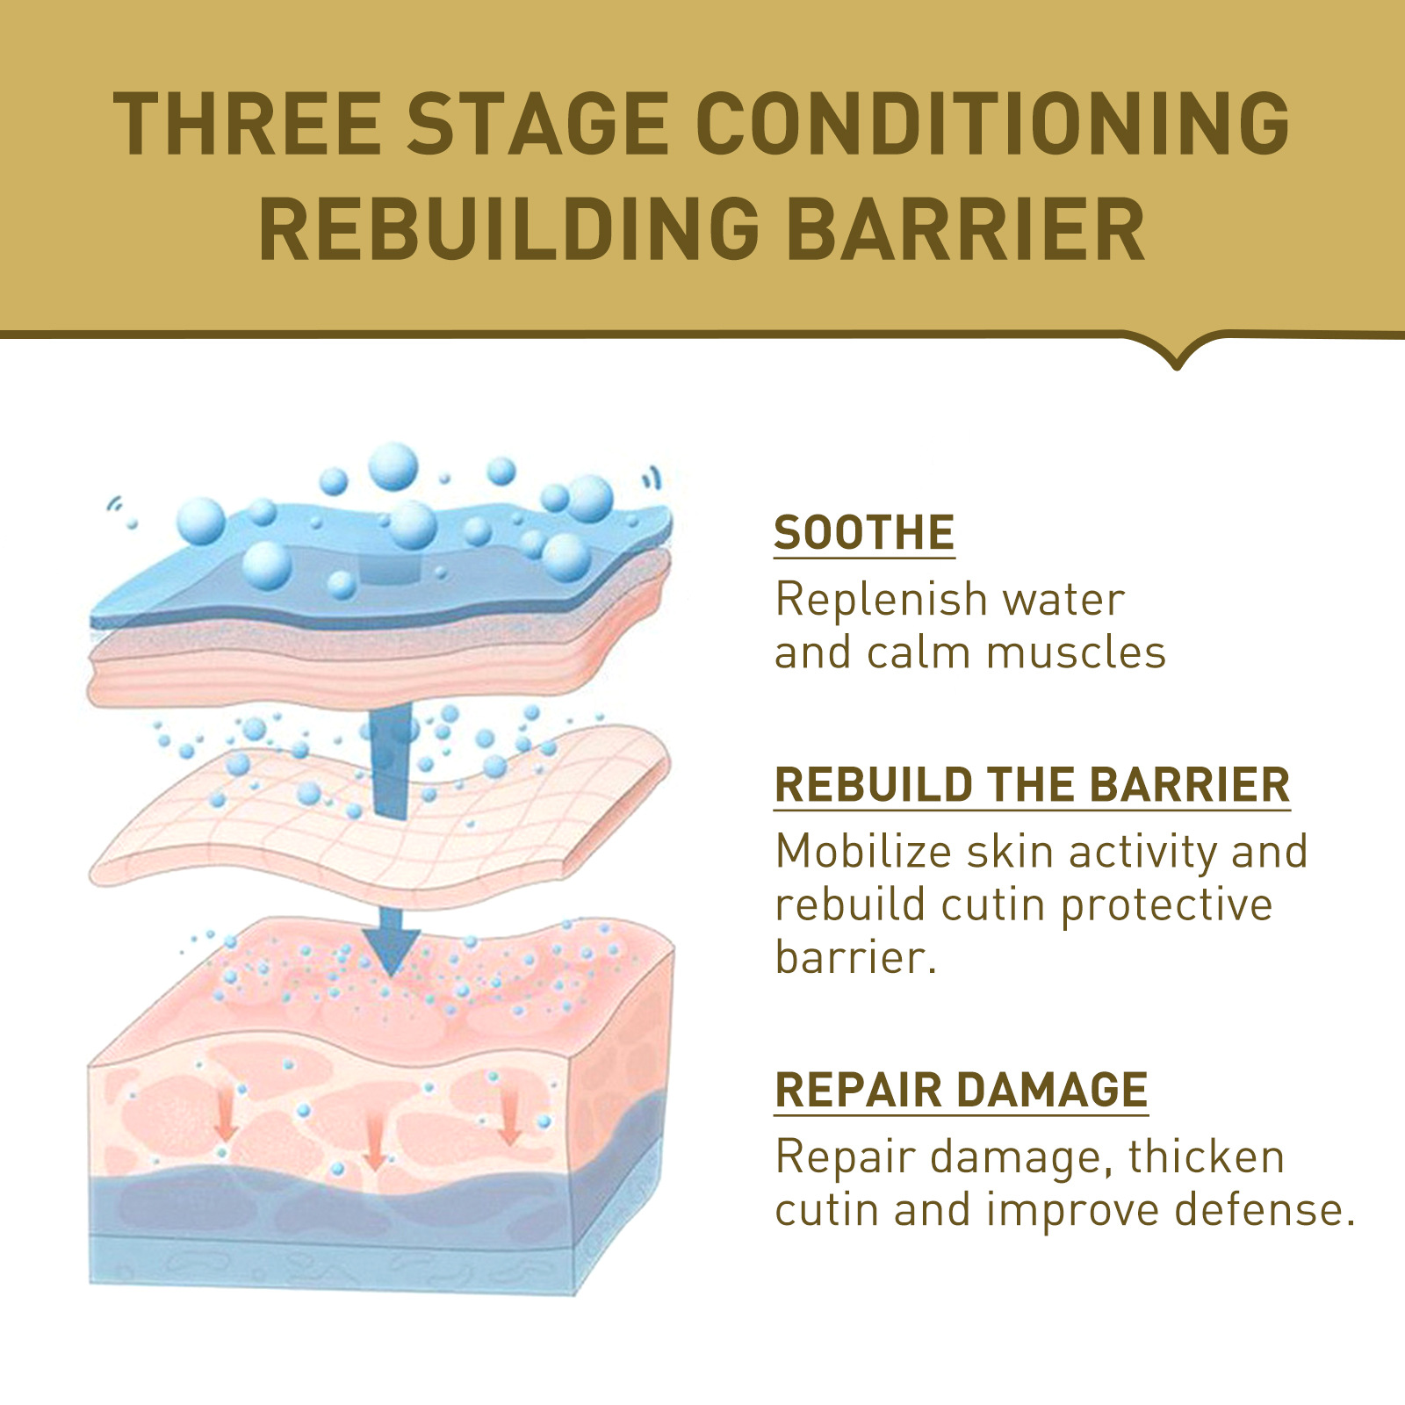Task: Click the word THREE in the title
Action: pyautogui.click(x=247, y=124)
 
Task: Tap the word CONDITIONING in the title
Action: pyautogui.click(x=992, y=124)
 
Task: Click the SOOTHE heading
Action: pyautogui.click(x=864, y=533)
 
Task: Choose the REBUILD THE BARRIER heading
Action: pyautogui.click(x=1032, y=785)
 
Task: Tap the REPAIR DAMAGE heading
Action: pyautogui.click(x=962, y=1091)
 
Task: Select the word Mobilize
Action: pyautogui.click(x=863, y=852)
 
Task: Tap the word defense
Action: pyautogui.click(x=1264, y=1210)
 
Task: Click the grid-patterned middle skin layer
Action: pyautogui.click(x=378, y=817)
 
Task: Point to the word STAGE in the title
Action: pyautogui.click(x=537, y=124)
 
